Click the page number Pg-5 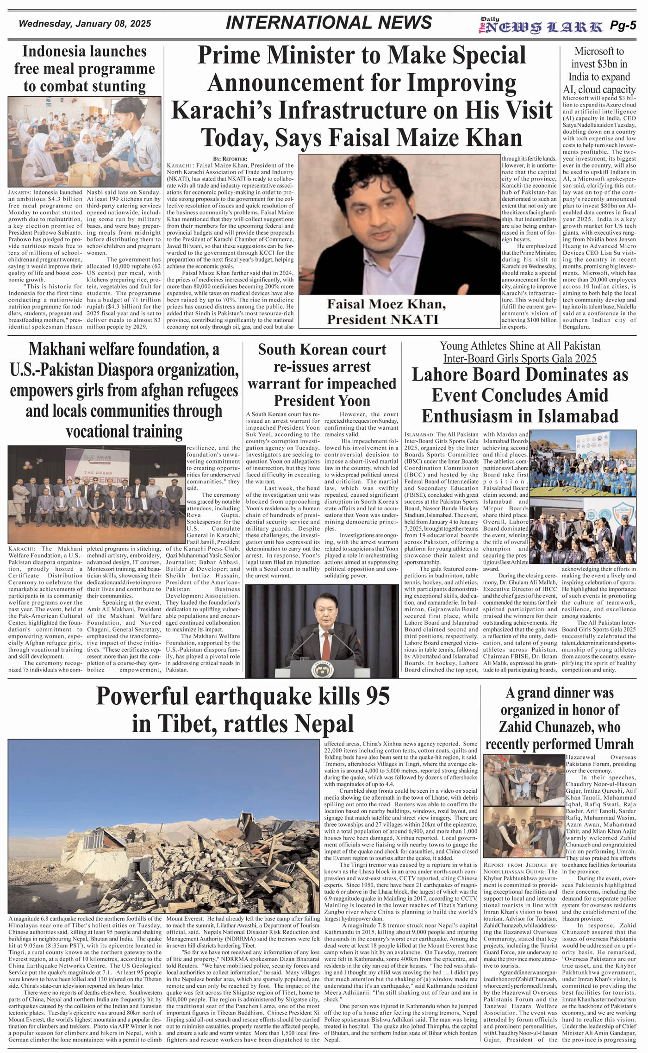pyautogui.click(x=623, y=26)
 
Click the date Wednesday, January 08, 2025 pyautogui.click(x=85, y=24)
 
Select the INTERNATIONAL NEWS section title pyautogui.click(x=329, y=23)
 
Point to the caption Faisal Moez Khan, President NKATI pyautogui.click(x=386, y=312)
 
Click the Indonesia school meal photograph pyautogui.click(x=85, y=141)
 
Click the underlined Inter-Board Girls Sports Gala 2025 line pyautogui.click(x=519, y=358)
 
